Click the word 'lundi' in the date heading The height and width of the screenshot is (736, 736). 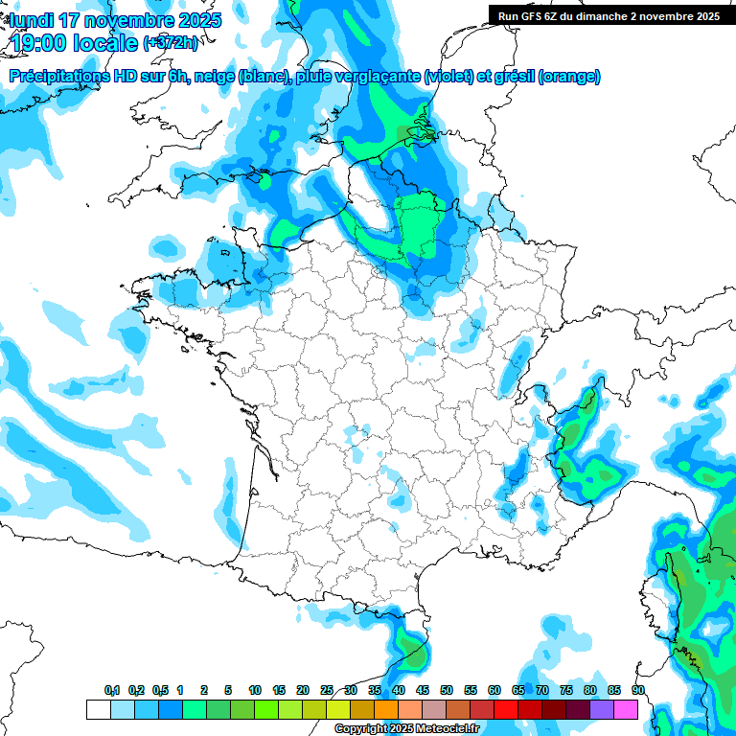[x=33, y=20]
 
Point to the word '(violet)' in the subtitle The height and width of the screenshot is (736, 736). [x=450, y=77]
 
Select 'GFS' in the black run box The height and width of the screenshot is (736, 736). [x=538, y=16]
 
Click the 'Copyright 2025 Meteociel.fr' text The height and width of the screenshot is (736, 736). [x=406, y=729]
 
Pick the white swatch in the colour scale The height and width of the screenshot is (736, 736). [x=98, y=709]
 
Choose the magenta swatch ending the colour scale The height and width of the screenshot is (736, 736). [x=626, y=709]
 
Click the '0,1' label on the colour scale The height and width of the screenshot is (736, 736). [x=112, y=691]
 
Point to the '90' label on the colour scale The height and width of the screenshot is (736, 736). [x=638, y=691]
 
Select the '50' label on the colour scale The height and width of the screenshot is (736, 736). [x=447, y=691]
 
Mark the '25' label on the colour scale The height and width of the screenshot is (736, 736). [x=327, y=691]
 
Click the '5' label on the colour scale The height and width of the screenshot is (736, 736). [x=228, y=691]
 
